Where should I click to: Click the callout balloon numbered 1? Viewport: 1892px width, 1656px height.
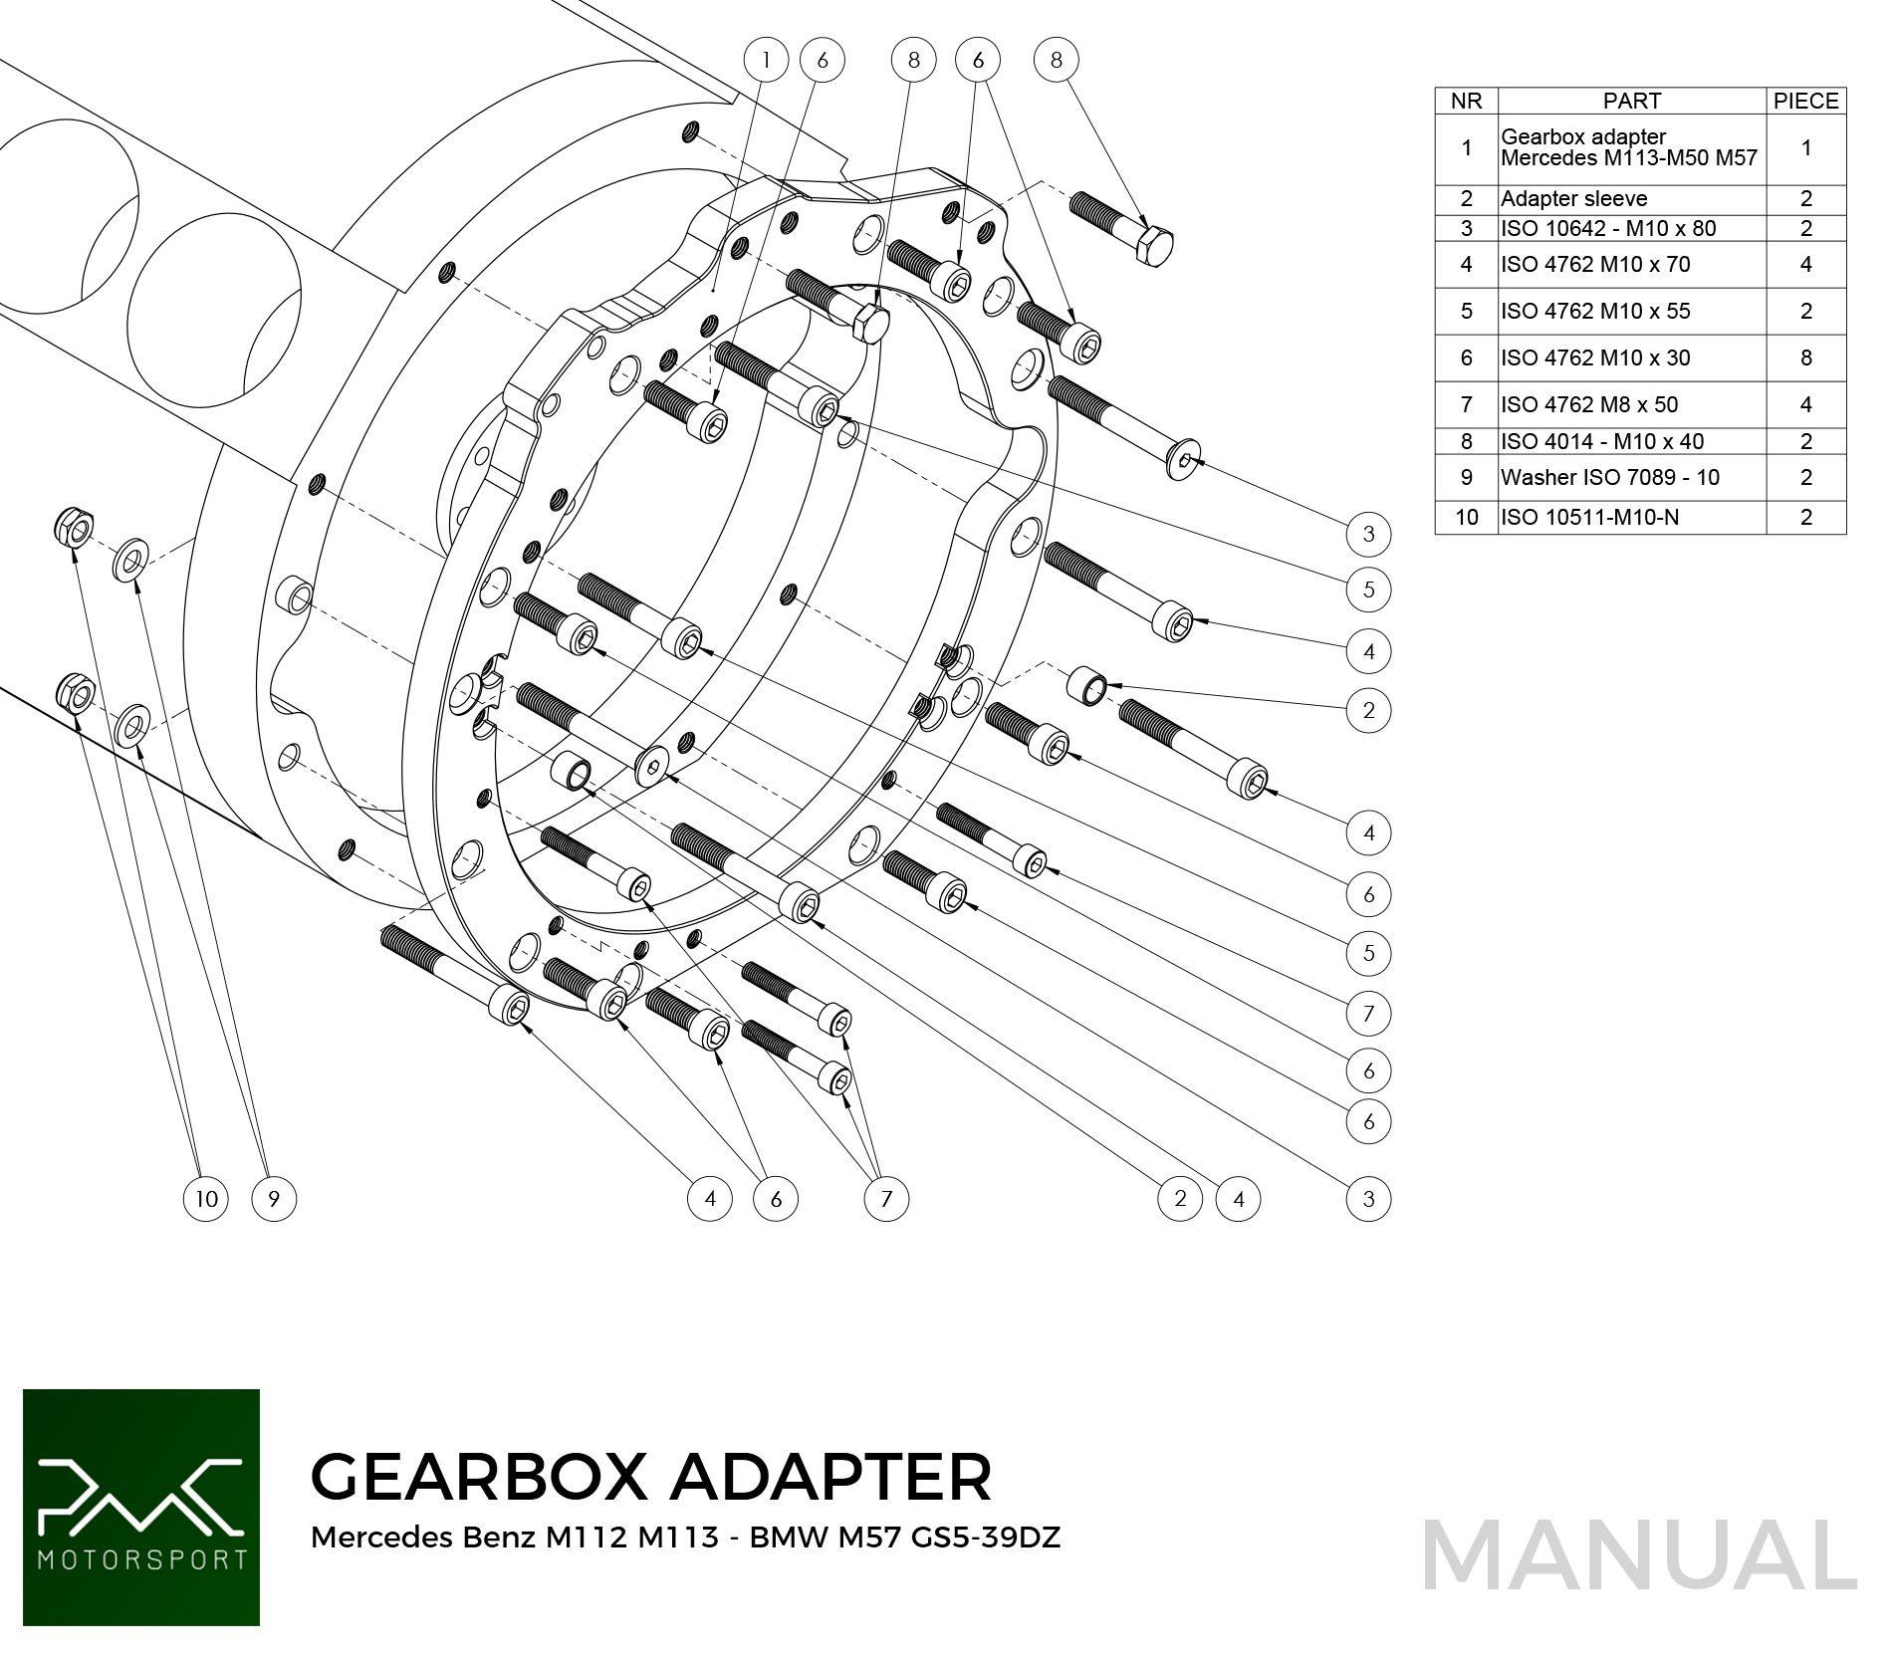point(766,60)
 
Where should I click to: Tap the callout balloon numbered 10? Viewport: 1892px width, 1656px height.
point(206,1198)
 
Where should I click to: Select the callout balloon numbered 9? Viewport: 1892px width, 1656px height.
point(274,1198)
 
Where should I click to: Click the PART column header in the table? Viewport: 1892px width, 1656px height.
point(1631,101)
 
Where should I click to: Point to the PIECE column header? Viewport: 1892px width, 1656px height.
point(1805,101)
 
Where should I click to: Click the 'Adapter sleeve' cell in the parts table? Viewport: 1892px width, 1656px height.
point(1573,198)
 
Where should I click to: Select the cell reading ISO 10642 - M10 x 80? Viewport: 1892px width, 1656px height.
point(1608,228)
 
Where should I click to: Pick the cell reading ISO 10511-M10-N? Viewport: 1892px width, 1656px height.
point(1589,517)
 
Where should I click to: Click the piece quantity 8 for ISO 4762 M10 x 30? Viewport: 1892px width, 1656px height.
point(1805,357)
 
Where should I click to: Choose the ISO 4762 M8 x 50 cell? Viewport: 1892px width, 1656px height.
point(1589,404)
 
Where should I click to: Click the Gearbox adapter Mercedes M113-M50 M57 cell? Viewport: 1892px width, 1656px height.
point(1628,147)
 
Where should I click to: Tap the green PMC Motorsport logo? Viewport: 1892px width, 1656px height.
point(141,1507)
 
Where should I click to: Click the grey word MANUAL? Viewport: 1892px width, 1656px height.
point(1639,1555)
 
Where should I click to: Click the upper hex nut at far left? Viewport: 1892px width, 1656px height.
point(75,527)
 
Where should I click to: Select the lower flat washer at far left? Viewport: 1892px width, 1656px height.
point(131,726)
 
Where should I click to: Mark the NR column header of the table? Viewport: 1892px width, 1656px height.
point(1466,101)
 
